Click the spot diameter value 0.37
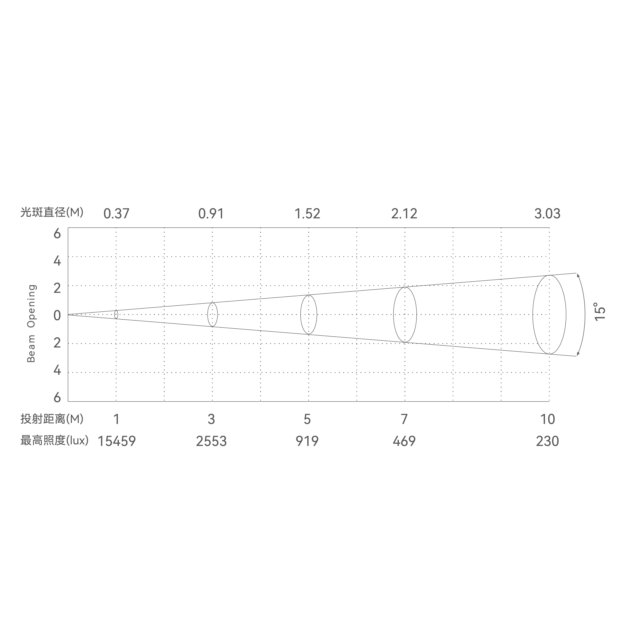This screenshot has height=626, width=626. click(116, 214)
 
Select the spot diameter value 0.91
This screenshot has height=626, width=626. click(211, 214)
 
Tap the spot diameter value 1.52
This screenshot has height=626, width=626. click(307, 214)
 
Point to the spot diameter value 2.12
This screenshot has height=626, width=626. click(404, 214)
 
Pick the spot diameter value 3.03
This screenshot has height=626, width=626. click(547, 214)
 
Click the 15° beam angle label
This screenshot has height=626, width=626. click(600, 312)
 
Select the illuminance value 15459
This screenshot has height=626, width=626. click(117, 441)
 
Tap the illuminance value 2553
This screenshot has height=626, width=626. click(211, 441)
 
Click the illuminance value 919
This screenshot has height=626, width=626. click(307, 441)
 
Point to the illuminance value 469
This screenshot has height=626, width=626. click(404, 441)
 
